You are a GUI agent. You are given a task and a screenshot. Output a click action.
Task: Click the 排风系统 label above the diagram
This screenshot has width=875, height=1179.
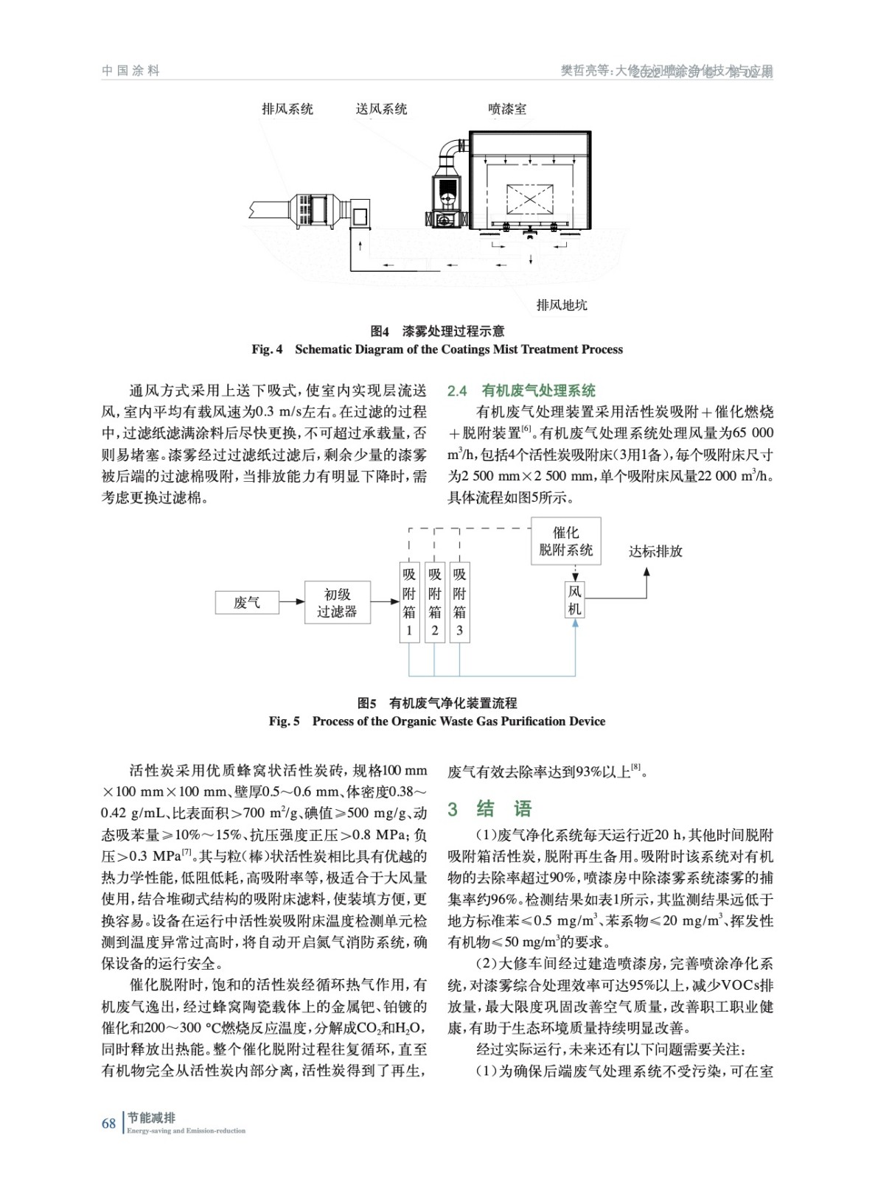point(287,109)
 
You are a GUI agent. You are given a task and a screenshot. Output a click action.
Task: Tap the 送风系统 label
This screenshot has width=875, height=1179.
point(381,109)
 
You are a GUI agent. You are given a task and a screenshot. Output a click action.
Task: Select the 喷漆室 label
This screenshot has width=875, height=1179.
point(507,109)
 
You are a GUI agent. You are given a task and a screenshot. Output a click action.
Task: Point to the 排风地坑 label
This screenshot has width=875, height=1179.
point(562,305)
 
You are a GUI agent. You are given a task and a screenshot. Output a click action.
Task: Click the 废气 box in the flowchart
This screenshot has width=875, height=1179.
point(247,603)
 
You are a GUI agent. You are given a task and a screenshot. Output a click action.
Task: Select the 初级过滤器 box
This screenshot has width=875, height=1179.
point(337,603)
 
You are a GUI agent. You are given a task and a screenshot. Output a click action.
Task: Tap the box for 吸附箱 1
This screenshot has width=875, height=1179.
point(409,602)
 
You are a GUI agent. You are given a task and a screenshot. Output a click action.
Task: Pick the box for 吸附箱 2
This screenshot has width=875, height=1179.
point(435,602)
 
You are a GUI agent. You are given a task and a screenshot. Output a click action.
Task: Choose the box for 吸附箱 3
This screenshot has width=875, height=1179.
point(460,602)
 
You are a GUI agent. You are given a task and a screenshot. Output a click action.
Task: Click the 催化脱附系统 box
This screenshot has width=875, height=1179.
point(565,542)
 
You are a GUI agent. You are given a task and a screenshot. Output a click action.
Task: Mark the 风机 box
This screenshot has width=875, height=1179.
point(575,600)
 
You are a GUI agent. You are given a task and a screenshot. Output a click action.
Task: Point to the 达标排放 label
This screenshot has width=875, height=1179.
point(655,551)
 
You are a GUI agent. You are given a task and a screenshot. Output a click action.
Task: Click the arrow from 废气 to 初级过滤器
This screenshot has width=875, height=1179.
point(292,602)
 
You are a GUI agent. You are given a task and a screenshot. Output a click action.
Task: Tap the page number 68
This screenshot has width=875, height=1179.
point(108,1124)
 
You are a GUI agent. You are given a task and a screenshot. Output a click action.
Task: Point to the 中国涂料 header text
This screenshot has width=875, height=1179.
point(130,71)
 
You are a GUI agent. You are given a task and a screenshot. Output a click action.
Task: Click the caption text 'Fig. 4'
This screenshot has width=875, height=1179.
point(267,349)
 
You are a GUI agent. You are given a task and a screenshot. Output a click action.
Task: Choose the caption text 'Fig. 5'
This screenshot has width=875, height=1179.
point(284,721)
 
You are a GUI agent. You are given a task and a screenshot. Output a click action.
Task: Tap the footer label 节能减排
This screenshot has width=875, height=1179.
point(151,1118)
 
